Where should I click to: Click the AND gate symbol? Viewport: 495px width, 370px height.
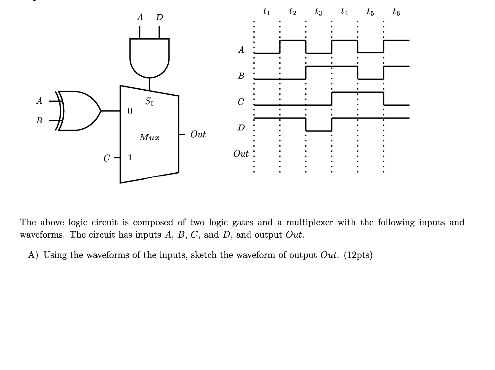click(149, 57)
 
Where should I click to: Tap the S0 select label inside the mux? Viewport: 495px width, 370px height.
click(149, 101)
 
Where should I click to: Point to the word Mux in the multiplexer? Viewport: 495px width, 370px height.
click(150, 137)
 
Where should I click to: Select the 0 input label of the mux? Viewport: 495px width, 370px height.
click(130, 111)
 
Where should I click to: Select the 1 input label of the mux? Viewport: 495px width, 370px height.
click(130, 157)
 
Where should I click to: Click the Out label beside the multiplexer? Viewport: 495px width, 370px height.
click(198, 134)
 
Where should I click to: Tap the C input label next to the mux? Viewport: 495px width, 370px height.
click(107, 158)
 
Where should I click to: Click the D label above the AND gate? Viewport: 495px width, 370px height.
click(159, 17)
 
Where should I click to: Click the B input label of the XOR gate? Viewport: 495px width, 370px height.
click(39, 121)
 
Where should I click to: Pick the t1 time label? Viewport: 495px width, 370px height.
click(267, 12)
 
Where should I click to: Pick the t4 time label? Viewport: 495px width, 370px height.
click(344, 12)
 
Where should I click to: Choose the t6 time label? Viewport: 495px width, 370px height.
click(396, 12)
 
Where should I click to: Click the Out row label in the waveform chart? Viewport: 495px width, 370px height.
click(241, 154)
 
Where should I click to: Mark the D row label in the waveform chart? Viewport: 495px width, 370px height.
click(241, 128)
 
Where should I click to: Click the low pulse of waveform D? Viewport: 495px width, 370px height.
click(318, 130)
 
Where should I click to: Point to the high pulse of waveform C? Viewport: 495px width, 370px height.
click(357, 92)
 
